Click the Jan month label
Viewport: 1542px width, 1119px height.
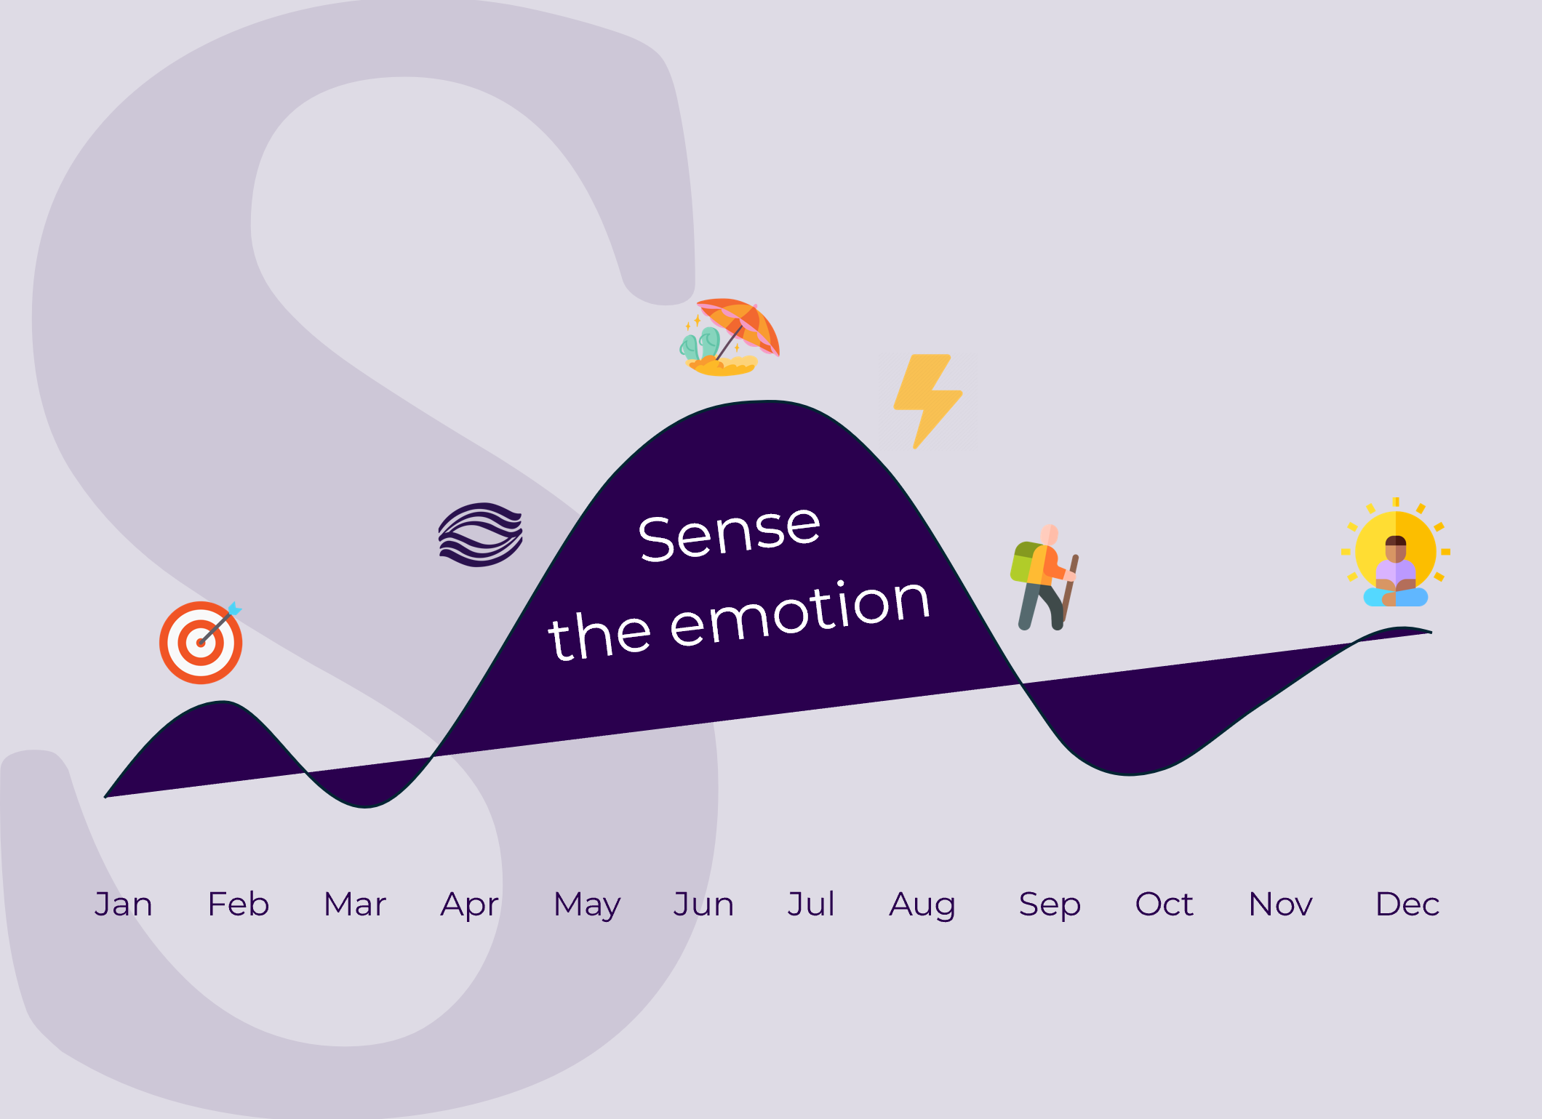coord(123,905)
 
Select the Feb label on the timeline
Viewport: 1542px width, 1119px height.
coord(239,904)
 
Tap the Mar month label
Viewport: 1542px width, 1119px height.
coord(355,904)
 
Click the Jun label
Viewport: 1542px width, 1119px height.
coord(703,905)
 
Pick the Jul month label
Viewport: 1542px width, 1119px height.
coord(811,904)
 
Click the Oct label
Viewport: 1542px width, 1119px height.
coord(1164,904)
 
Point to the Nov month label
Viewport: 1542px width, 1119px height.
coord(1280,904)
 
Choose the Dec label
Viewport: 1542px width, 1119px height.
coord(1407,904)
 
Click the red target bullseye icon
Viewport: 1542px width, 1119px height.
coord(201,642)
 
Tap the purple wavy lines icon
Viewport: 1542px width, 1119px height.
coord(481,534)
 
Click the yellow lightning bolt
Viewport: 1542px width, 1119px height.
coord(928,401)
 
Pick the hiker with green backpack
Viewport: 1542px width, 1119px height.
coord(1044,577)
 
